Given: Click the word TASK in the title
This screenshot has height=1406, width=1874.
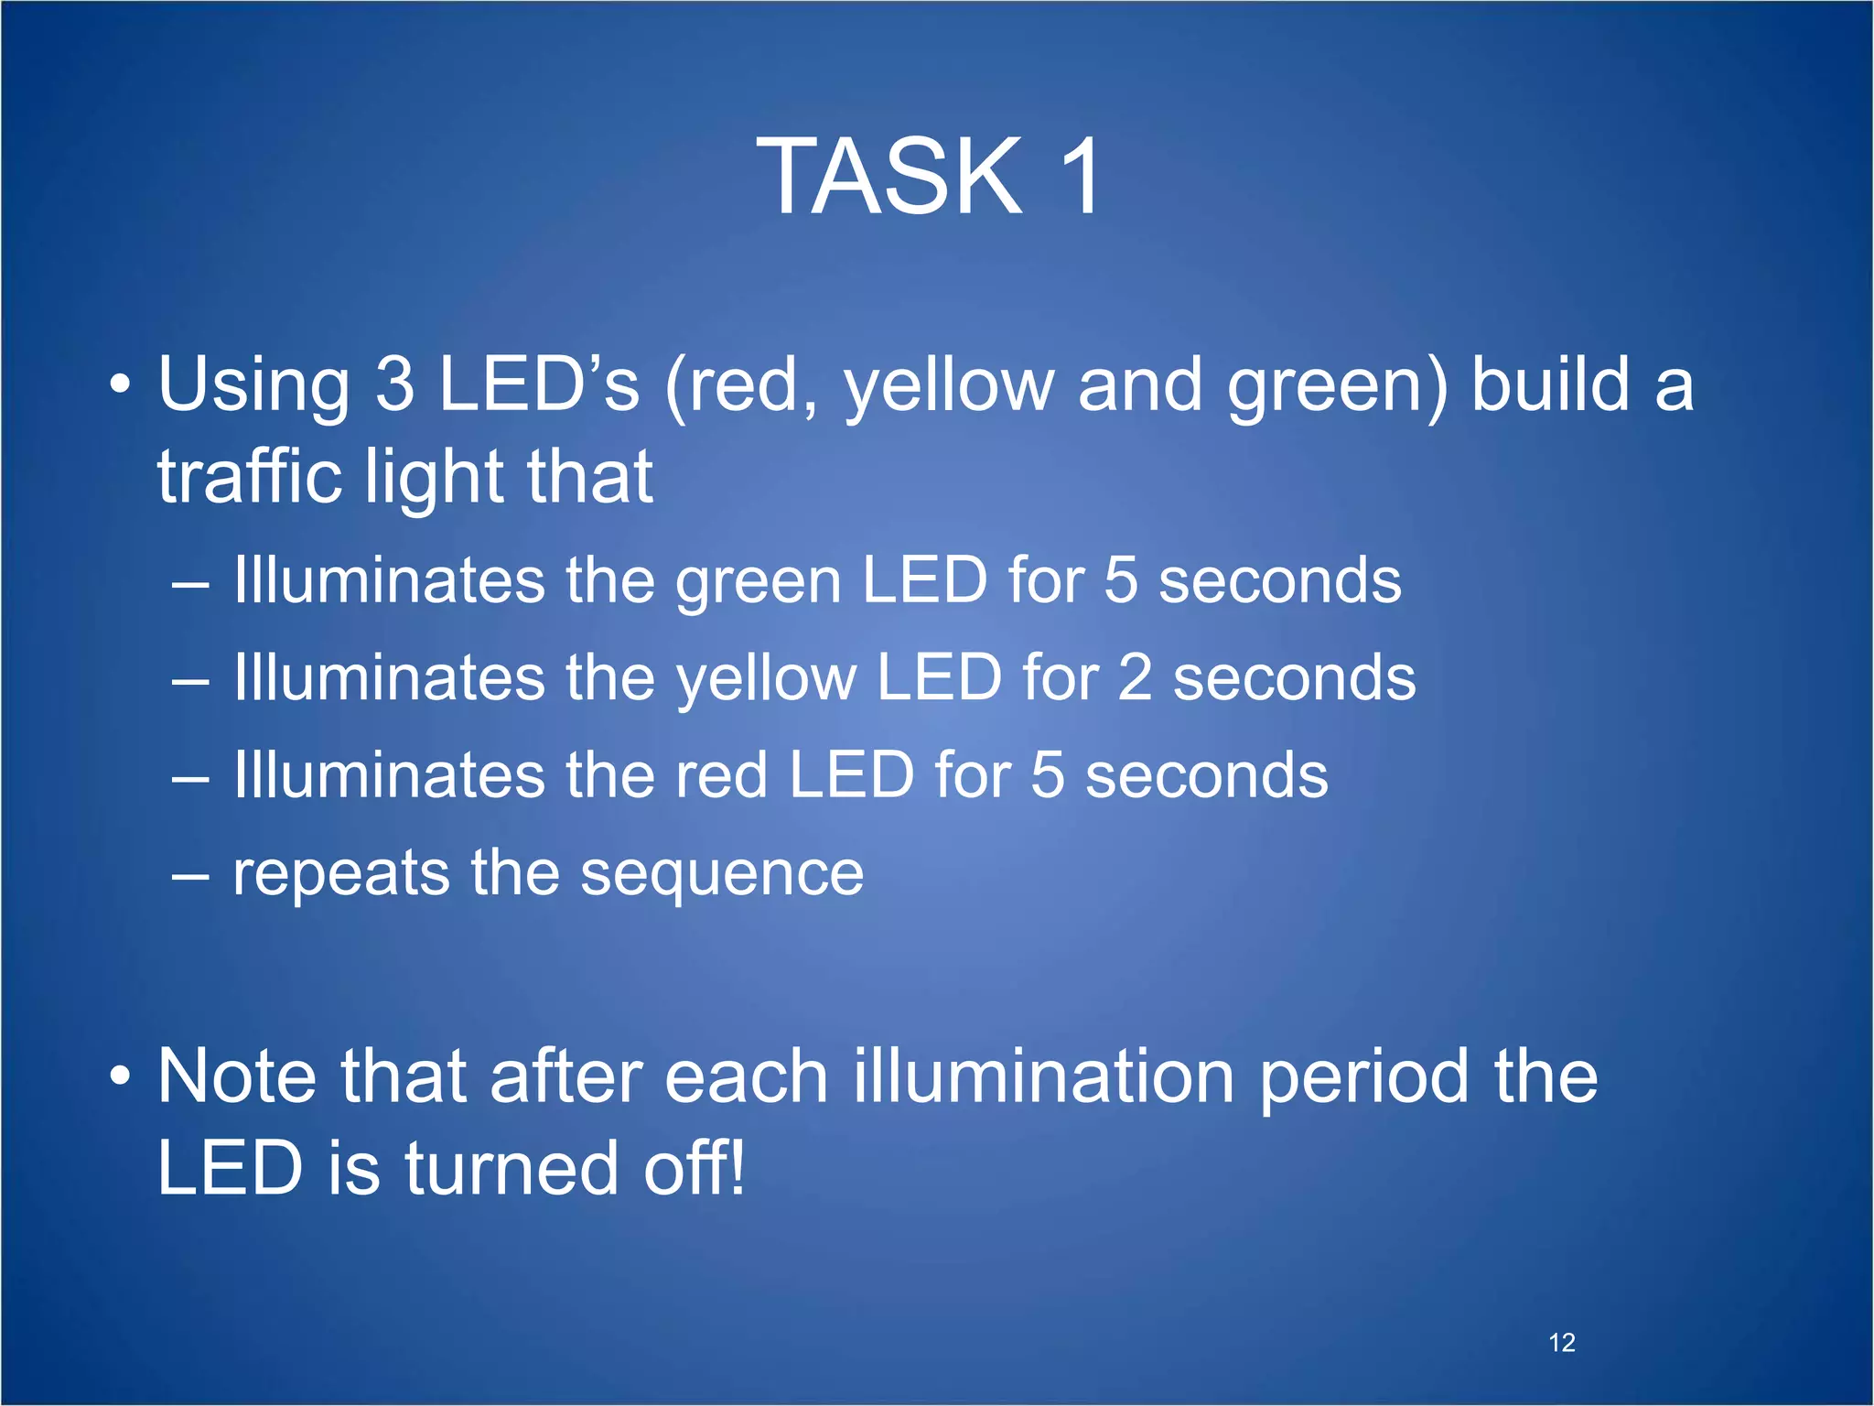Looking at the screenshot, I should [889, 175].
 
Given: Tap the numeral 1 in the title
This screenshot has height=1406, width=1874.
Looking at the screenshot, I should [1080, 175].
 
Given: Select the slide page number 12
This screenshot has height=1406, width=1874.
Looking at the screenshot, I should [1562, 1343].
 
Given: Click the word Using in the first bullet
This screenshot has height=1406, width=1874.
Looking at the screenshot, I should [253, 385].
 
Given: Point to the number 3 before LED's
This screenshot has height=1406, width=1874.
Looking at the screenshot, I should [394, 384].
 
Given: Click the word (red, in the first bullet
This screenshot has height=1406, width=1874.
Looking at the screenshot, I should [741, 385].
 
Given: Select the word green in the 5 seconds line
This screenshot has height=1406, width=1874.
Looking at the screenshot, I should [758, 583].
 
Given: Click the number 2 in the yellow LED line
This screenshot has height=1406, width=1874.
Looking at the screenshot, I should [1136, 678].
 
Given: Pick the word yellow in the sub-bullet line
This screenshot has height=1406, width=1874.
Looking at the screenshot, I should [765, 680].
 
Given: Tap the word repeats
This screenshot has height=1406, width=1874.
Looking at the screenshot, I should [340, 874].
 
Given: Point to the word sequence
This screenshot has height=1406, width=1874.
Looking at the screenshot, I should [722, 874].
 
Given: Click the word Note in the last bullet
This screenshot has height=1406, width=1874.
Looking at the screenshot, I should [237, 1076].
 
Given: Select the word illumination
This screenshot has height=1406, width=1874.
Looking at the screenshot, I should [1044, 1076].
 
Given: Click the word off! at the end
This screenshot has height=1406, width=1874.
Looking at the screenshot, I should [695, 1169].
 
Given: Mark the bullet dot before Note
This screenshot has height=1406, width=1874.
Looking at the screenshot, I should [120, 1076].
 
